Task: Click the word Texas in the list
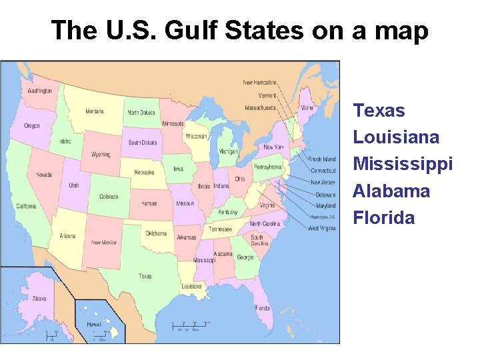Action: [x=379, y=110]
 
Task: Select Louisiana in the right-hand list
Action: [x=396, y=137]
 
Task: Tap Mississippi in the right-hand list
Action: [x=403, y=164]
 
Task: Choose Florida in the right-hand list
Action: [x=383, y=218]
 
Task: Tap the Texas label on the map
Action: [x=145, y=276]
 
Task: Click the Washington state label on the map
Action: [x=39, y=91]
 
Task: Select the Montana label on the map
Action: [x=94, y=111]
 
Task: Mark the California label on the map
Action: [x=26, y=206]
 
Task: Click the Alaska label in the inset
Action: [x=39, y=298]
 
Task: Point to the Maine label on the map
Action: [x=307, y=107]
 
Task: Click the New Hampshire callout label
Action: [x=259, y=83]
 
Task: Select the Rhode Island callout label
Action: [x=323, y=159]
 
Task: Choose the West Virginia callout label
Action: [x=322, y=228]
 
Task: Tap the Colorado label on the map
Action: [x=109, y=197]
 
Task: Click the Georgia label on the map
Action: [x=245, y=257]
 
